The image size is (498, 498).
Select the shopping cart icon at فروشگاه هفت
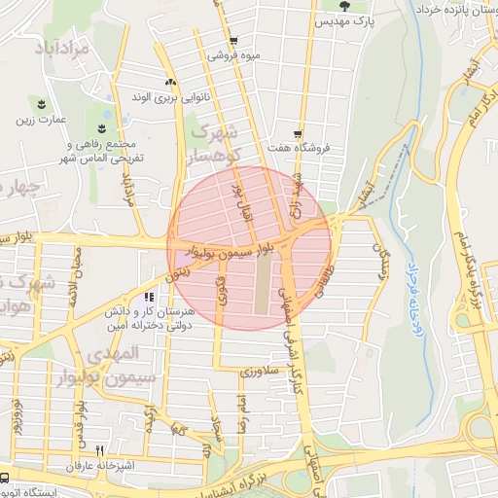pyautogui.click(x=297, y=134)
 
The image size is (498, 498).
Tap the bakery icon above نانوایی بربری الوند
pyautogui.click(x=170, y=82)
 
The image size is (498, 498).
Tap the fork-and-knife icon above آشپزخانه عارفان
pyautogui.click(x=99, y=450)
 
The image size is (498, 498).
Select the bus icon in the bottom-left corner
pyautogui.click(x=5, y=478)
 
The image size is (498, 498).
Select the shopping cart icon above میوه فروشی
pyautogui.click(x=233, y=40)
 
